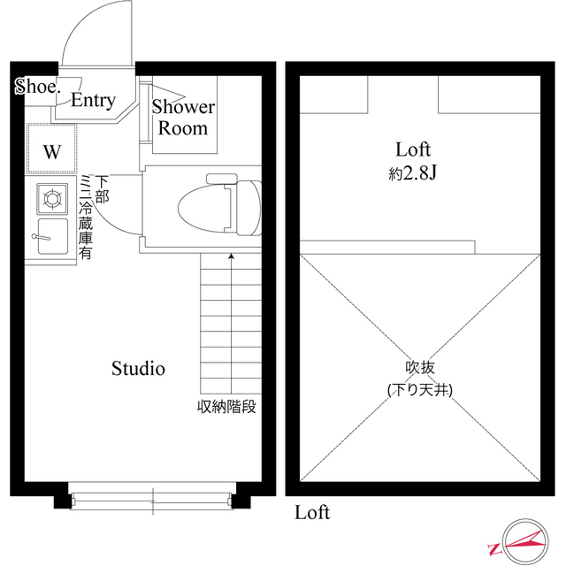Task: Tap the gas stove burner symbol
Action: click(51, 198)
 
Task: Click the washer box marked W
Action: click(51, 151)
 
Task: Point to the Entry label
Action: click(93, 101)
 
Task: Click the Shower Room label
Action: click(183, 118)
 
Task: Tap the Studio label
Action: click(138, 369)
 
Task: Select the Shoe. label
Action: click(36, 87)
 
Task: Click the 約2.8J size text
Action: click(413, 173)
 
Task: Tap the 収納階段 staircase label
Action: click(226, 408)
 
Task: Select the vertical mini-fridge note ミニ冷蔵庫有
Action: click(86, 217)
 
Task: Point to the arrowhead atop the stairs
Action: click(232, 257)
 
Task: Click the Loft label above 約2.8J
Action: click(413, 149)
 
